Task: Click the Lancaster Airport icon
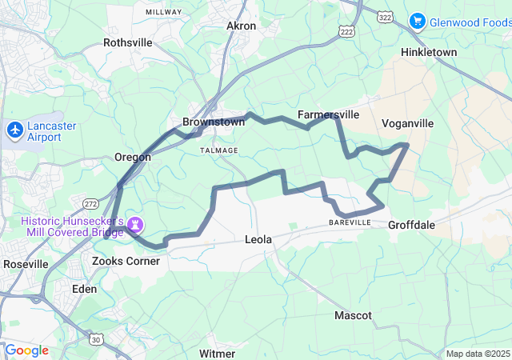pos(15,128)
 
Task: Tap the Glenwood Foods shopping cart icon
pos(417,21)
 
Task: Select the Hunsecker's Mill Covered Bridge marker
pos(134,220)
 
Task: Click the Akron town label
pos(241,26)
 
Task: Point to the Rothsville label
pos(127,42)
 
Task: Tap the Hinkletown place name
pos(428,52)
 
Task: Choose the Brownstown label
pos(212,122)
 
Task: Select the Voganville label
pos(407,123)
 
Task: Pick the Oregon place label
pos(133,157)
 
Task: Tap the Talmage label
pos(218,150)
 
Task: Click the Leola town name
pos(258,239)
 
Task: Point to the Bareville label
pos(350,222)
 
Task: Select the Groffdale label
pos(411,225)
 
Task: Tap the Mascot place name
pos(353,315)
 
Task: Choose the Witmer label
pos(217,353)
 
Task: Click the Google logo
pos(26,350)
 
